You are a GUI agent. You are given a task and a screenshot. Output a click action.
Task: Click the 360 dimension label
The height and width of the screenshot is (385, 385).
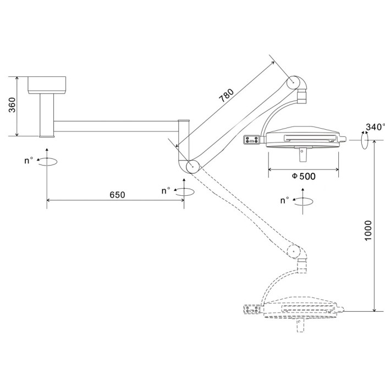click(12, 105)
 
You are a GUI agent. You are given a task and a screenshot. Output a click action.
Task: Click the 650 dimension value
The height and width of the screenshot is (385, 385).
click(117, 195)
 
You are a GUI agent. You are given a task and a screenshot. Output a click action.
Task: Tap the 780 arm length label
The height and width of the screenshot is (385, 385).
click(226, 95)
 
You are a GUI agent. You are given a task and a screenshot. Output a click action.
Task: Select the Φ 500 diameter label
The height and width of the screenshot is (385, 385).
click(304, 177)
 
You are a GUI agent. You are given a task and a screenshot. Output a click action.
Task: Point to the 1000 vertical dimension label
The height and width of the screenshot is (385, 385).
click(368, 230)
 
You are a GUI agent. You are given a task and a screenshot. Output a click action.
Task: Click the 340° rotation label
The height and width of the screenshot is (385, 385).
click(375, 127)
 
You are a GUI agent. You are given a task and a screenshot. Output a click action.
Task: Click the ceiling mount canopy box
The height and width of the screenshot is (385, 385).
click(47, 85)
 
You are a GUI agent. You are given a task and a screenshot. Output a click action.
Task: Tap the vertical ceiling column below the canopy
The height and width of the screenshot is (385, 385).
click(47, 116)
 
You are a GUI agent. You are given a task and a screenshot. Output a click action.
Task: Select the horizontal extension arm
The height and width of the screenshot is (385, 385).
click(116, 126)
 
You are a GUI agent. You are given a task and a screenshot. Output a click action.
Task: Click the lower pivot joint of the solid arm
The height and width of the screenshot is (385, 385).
click(193, 167)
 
